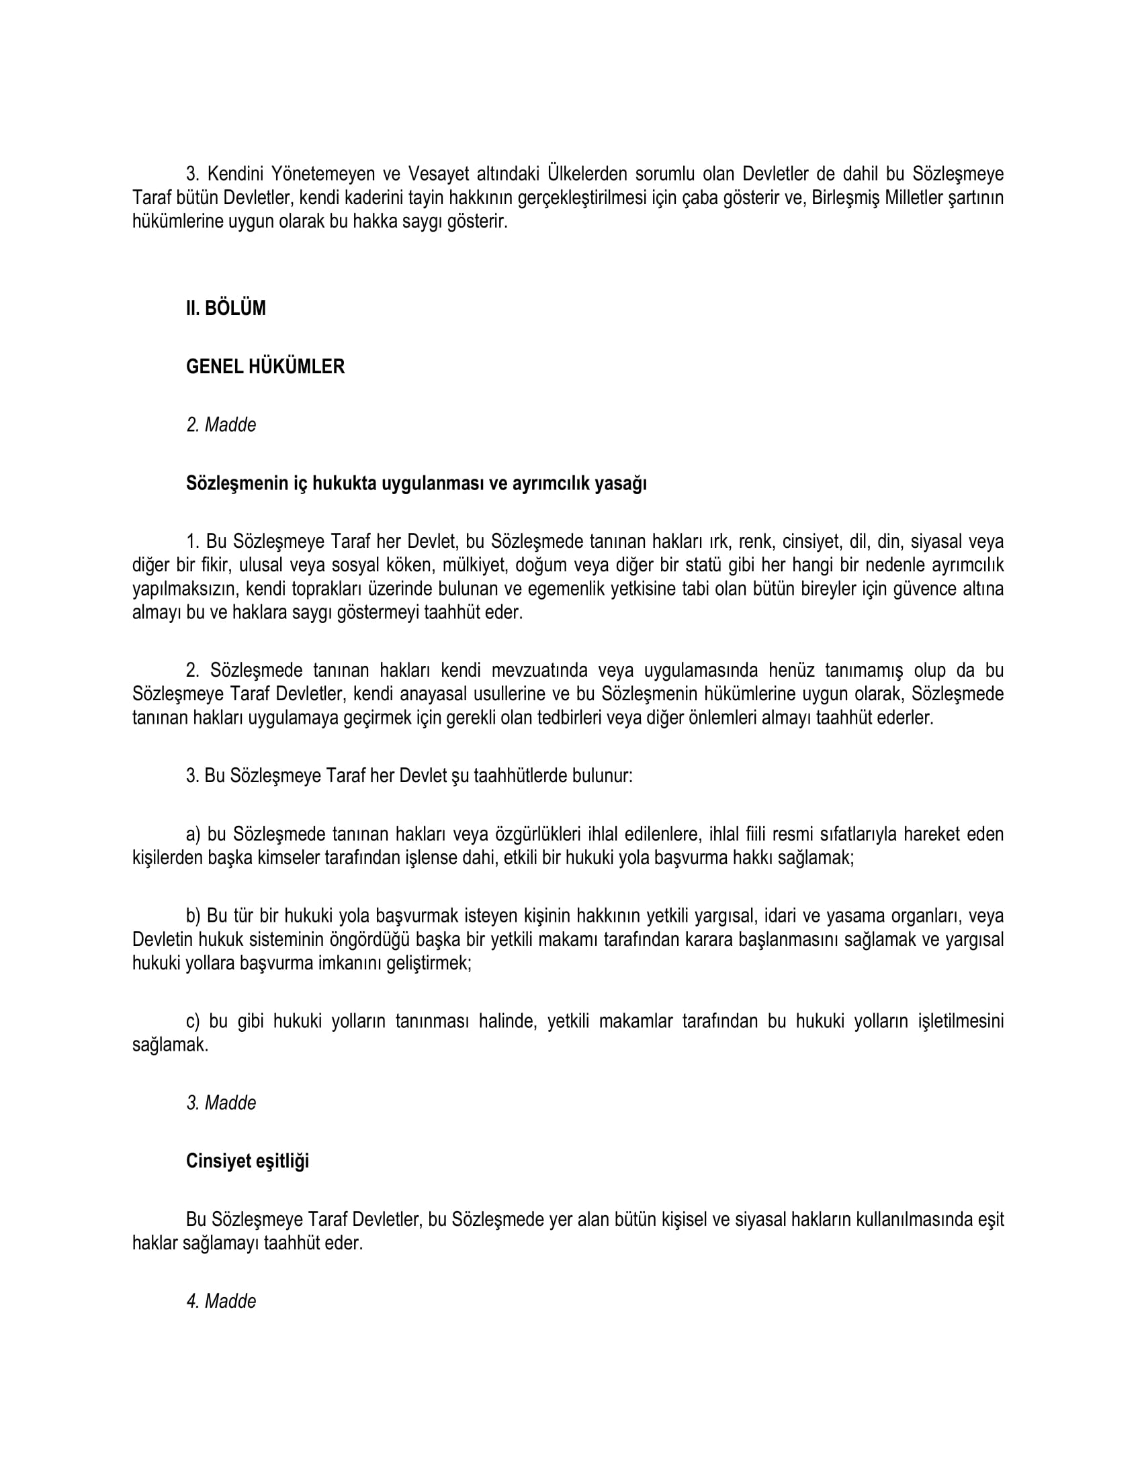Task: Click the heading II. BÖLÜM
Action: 226,308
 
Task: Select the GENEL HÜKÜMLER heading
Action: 265,367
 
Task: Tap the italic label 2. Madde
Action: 221,425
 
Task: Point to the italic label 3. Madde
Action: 221,1102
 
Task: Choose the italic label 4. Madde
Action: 221,1301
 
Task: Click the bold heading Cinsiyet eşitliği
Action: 248,1161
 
